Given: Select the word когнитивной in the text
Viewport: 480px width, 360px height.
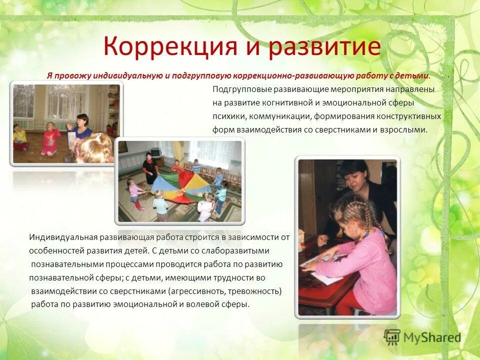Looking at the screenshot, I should pos(308,103).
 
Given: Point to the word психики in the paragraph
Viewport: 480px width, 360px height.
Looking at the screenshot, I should pos(228,116).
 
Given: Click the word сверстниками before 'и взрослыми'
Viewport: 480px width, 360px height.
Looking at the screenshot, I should pos(356,129).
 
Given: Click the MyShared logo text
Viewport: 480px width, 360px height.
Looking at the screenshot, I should pos(432,337).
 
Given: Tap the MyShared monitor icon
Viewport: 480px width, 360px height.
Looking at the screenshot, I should pos(392,336).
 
